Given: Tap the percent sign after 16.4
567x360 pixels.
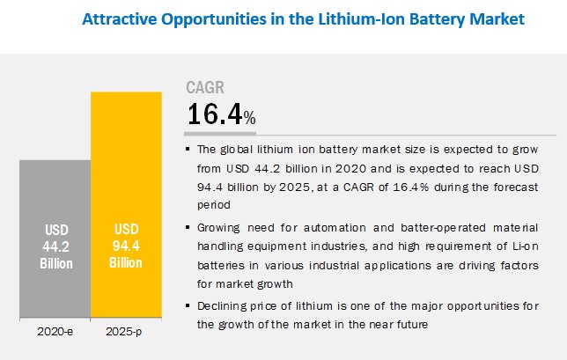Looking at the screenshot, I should pos(250,118).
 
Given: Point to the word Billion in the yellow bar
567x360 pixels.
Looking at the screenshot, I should pos(126,263).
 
